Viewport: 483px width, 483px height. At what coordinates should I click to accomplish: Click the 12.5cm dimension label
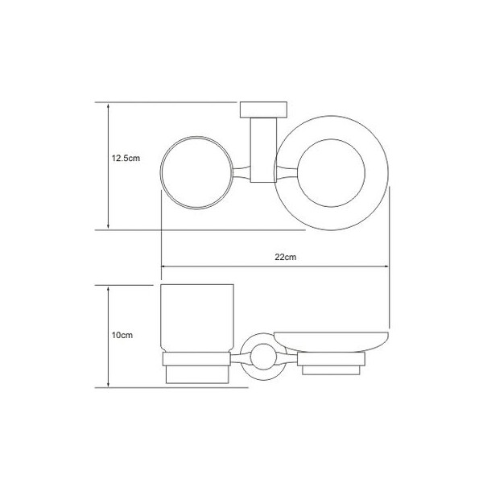tap(126, 159)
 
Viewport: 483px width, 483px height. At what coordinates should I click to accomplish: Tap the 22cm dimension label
tap(285, 257)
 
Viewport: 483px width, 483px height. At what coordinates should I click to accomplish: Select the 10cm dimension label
tap(122, 335)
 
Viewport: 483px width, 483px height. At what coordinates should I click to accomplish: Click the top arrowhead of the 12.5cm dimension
tap(108, 106)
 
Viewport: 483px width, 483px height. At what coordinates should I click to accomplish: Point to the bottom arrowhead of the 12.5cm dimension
tap(108, 225)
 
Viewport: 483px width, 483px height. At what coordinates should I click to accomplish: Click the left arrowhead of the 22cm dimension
tap(165, 266)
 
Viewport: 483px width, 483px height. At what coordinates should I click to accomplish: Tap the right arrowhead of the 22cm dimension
tap(386, 266)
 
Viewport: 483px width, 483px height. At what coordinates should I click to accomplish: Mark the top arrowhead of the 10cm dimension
tap(108, 290)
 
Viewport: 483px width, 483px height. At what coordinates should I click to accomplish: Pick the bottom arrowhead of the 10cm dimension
tap(108, 384)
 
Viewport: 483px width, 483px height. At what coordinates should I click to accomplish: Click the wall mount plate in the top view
tap(263, 109)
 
